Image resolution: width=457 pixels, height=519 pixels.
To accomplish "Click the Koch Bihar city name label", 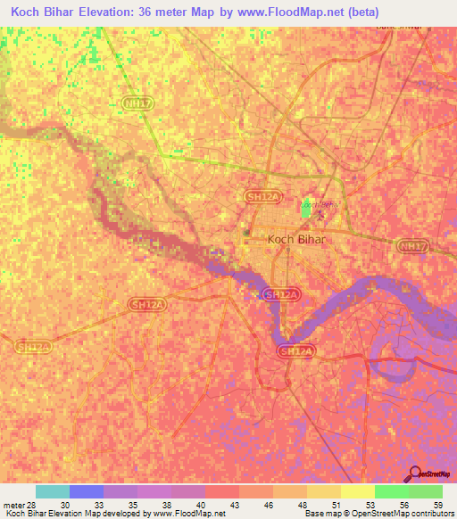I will click(x=297, y=240).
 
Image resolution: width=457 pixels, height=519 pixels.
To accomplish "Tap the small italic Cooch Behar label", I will click(x=320, y=205).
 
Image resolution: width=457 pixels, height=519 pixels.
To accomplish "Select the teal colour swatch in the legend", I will click(x=53, y=491).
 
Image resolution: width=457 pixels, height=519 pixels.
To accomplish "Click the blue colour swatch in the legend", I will click(x=87, y=491).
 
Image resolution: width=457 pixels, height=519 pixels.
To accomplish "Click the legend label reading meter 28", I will click(x=19, y=505).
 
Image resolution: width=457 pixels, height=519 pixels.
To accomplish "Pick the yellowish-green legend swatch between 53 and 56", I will click(x=358, y=491).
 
